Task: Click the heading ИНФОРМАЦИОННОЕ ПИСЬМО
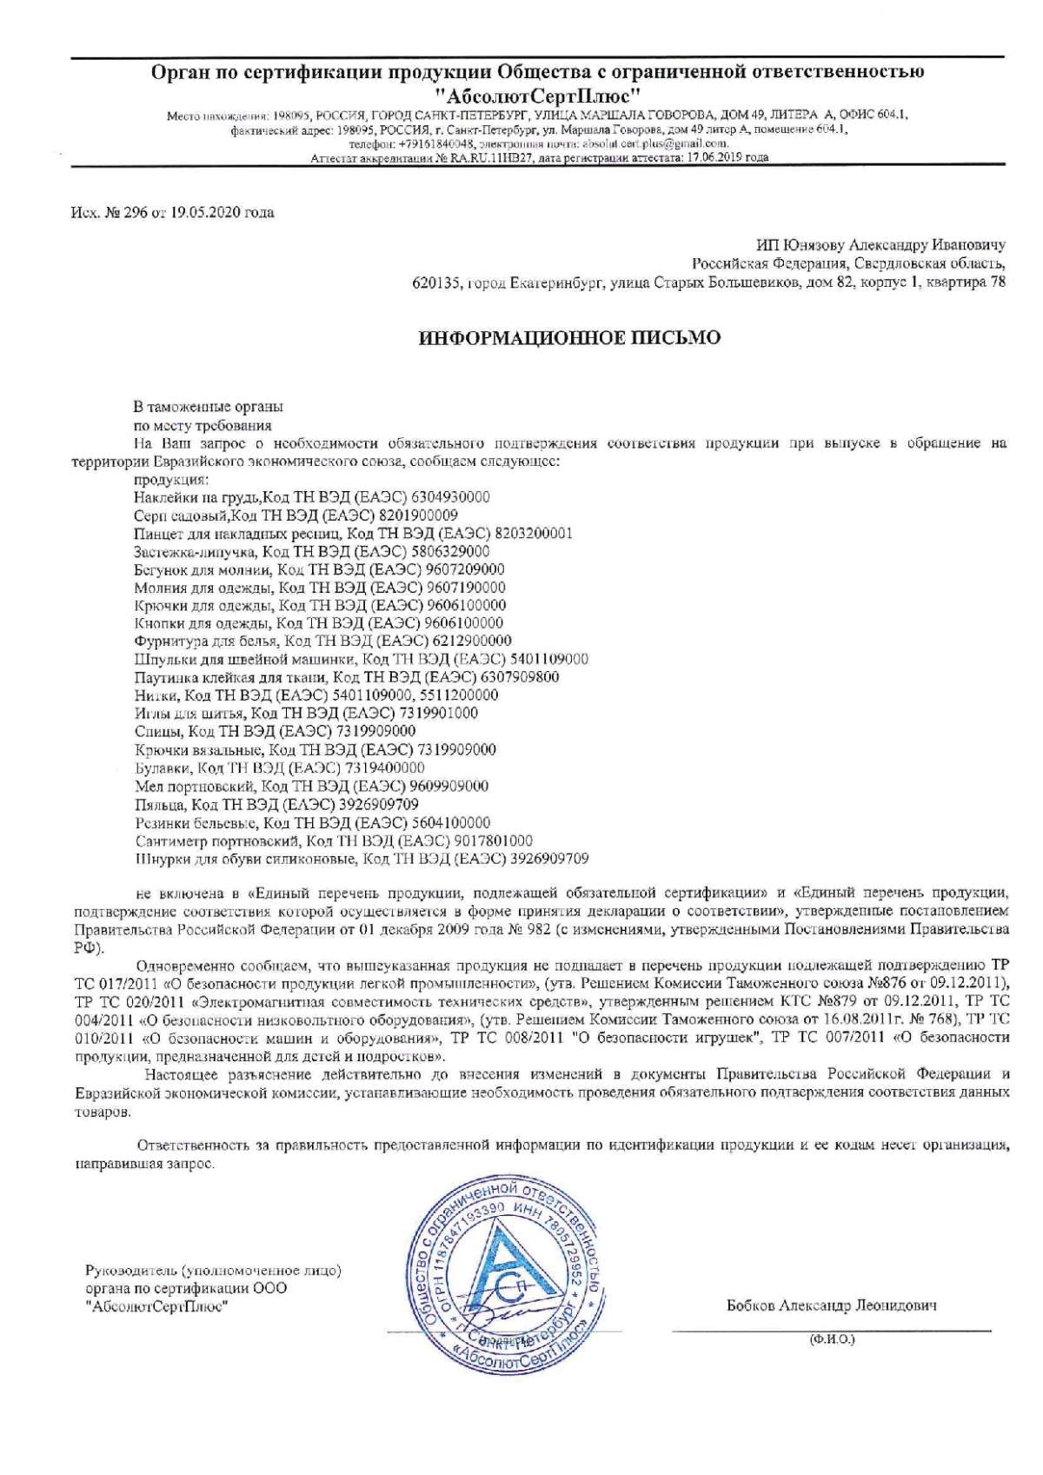coord(570,338)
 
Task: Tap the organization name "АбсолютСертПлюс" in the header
coord(538,93)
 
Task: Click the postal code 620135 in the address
coord(436,282)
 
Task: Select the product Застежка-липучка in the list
coord(195,551)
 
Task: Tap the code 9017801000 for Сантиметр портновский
coord(493,840)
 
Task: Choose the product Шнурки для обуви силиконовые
coord(246,859)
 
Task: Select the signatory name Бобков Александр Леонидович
coord(831,1306)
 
